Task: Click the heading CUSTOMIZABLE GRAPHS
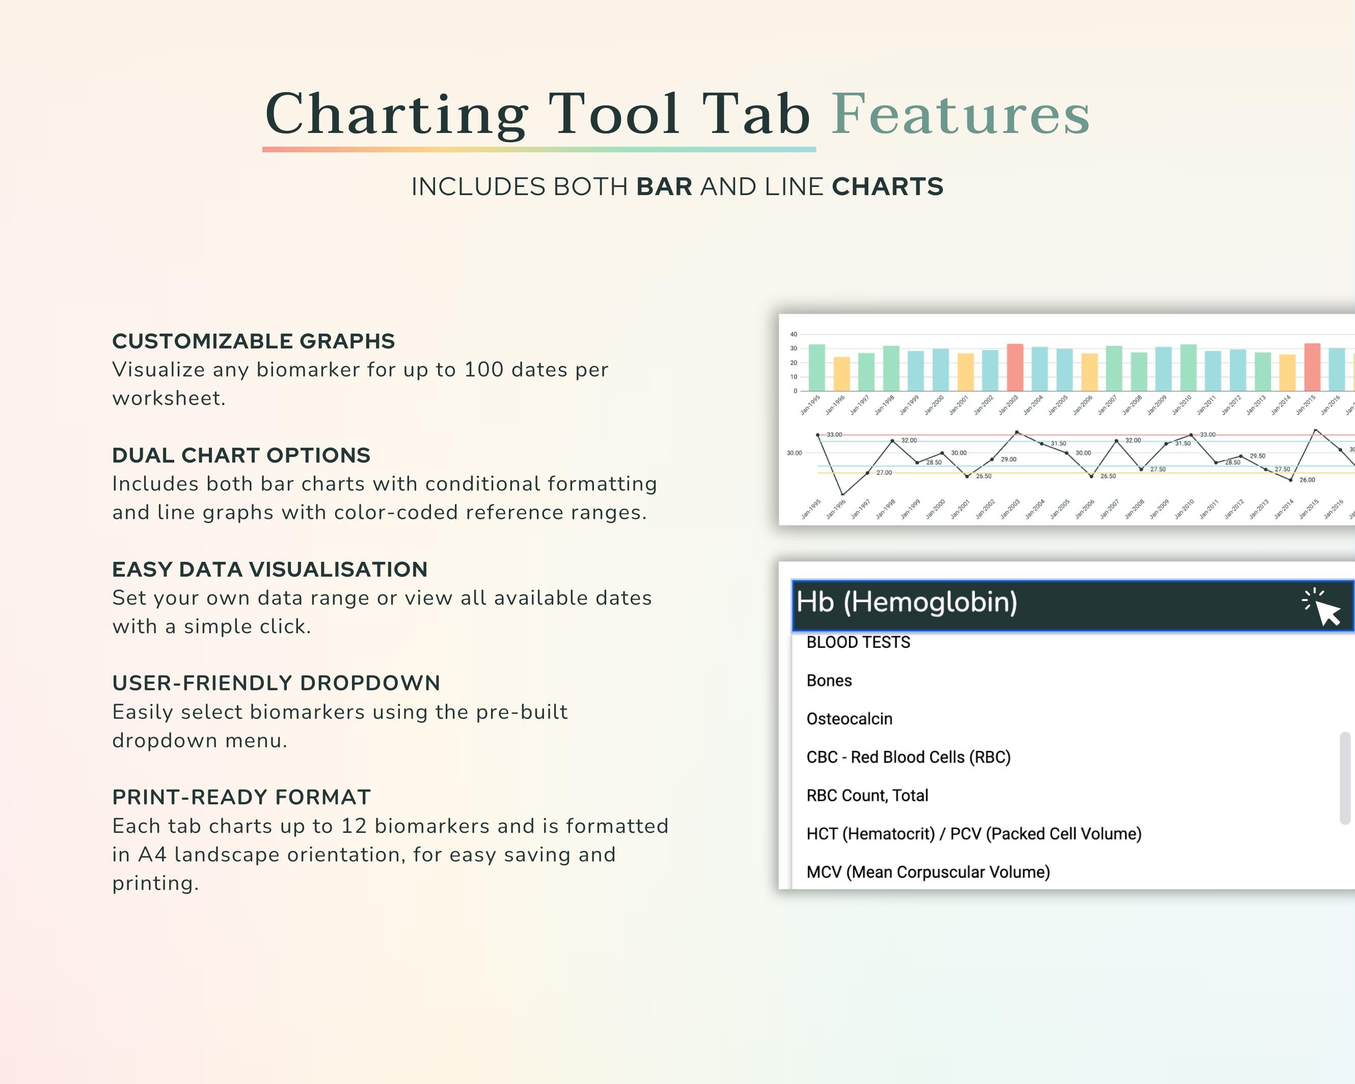point(253,341)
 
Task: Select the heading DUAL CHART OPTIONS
point(241,455)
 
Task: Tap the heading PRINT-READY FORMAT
point(241,797)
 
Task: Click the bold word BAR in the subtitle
point(664,186)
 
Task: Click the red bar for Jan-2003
point(1015,368)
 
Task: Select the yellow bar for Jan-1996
point(842,374)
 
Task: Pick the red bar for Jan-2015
point(1312,368)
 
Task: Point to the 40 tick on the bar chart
point(794,334)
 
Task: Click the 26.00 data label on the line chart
point(1307,480)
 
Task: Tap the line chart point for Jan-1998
point(892,441)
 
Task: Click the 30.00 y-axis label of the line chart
point(794,453)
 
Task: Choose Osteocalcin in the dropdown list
point(849,719)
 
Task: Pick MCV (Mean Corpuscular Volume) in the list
point(928,872)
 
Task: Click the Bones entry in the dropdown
point(829,681)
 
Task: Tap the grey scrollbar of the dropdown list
point(1345,777)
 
